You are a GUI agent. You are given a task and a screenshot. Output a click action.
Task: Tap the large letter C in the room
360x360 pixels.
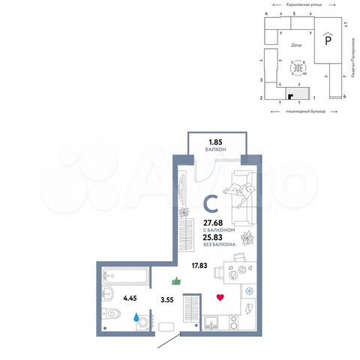212,202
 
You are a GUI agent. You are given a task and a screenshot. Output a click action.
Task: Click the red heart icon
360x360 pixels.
219,297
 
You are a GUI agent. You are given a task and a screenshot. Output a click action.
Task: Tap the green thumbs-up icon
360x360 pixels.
177,281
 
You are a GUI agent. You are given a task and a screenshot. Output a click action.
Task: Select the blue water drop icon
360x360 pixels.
136,317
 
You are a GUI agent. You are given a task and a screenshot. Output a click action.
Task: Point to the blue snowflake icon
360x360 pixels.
249,291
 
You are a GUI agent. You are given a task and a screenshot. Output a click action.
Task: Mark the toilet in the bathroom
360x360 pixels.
112,313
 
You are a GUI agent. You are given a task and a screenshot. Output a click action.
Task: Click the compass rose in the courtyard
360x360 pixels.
298,67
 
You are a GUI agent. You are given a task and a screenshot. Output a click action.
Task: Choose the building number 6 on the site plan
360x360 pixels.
343,97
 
